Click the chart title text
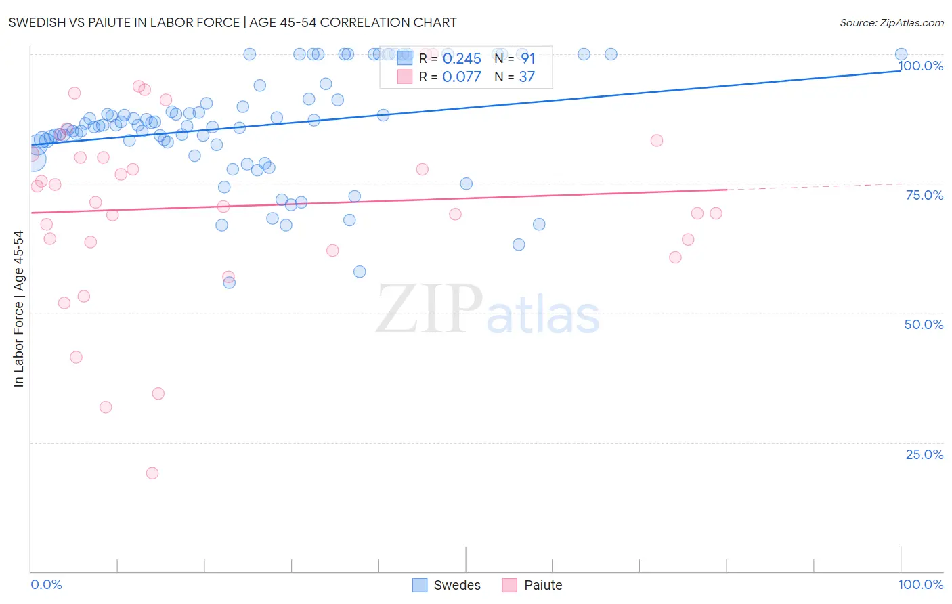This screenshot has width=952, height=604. pos(232,22)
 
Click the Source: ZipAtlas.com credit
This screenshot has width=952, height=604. pos(891,22)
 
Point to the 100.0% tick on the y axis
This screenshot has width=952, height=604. pos(921,66)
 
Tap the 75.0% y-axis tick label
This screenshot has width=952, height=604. pos(924,195)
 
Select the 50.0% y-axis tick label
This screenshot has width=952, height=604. pos(924,324)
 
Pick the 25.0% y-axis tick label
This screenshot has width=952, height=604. pos(924,454)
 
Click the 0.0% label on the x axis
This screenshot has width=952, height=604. pos(46,584)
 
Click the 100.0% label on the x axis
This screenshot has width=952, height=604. pos(920,584)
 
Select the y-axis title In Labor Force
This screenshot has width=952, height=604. pos(18,309)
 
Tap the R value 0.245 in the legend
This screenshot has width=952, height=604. pos(462,59)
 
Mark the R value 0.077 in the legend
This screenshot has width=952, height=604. pos(462,77)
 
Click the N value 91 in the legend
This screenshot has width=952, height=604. pos(528,59)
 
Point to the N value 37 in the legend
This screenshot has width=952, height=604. pos(527,77)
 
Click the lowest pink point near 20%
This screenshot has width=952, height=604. pos(152,473)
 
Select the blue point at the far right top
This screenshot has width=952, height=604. pos(901,54)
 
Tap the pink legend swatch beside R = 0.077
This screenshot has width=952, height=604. pos(405,77)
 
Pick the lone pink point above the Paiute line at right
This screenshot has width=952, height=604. pos(656,141)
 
